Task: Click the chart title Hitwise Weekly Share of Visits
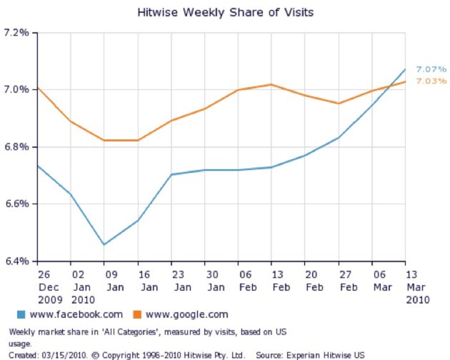(225, 13)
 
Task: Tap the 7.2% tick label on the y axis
(16, 33)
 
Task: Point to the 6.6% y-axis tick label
(16, 204)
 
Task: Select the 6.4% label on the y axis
(16, 261)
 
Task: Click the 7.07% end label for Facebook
(431, 69)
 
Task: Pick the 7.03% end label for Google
(431, 81)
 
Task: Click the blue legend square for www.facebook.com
(21, 314)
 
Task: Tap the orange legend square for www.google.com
(137, 314)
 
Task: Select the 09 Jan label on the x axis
(114, 281)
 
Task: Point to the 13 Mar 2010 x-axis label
(417, 287)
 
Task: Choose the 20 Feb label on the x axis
(314, 281)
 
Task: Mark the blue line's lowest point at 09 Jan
(104, 244)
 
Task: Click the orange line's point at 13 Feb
(271, 84)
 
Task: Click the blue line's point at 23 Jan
(171, 174)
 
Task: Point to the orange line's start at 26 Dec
(38, 88)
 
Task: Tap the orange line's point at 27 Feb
(339, 103)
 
